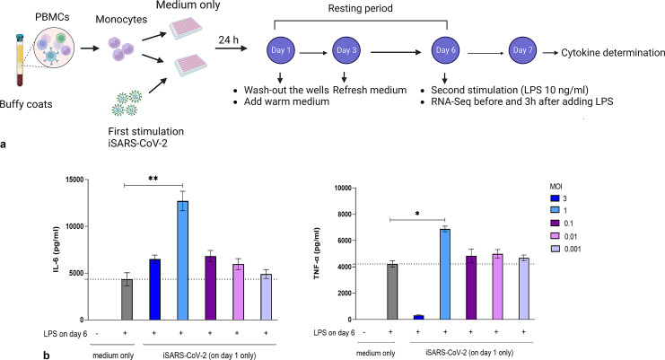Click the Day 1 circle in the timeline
(281, 54)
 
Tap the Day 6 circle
(445, 54)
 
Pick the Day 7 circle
(527, 54)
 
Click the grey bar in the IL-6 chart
(127, 299)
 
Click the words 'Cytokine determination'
(613, 55)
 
